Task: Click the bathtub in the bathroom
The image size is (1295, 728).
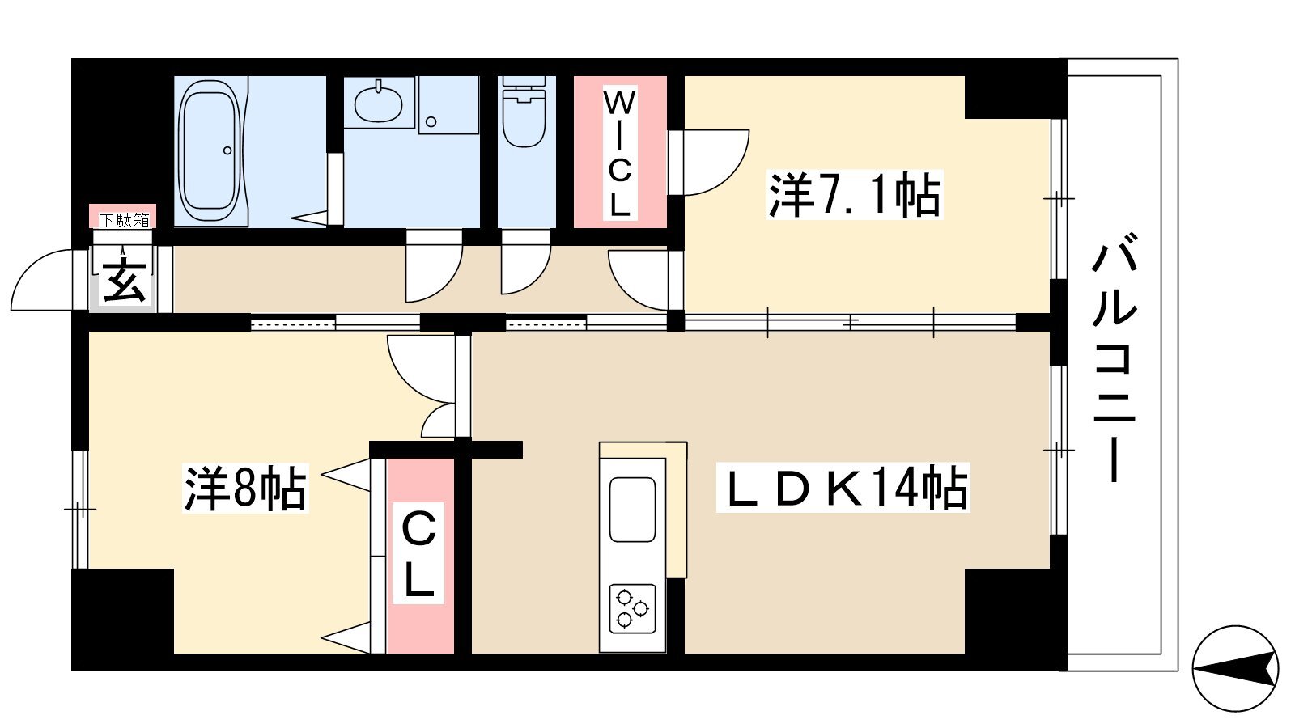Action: click(210, 150)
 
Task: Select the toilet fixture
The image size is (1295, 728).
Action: click(524, 112)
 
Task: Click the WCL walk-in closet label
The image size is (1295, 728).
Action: click(620, 154)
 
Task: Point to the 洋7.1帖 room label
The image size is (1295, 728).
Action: click(855, 195)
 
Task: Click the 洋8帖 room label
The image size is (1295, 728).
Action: click(245, 488)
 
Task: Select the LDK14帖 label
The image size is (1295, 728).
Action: click(843, 488)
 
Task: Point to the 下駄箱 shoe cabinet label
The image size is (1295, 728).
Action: click(124, 220)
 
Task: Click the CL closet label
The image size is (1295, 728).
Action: click(418, 553)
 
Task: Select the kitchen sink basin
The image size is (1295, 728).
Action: click(632, 510)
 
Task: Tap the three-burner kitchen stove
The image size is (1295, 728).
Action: click(632, 608)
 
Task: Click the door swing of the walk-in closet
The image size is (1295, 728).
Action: click(708, 163)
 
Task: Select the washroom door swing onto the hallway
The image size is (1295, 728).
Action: click(434, 266)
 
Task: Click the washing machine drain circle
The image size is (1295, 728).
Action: click(431, 122)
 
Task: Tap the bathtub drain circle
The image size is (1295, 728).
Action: click(227, 150)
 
